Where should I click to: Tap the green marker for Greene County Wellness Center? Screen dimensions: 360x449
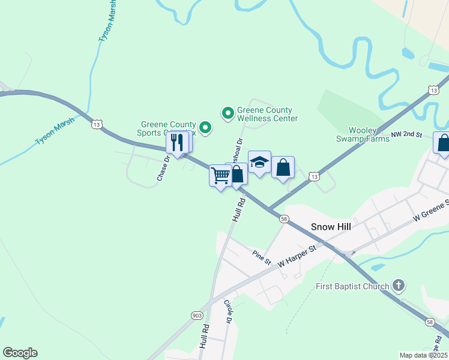tap(228, 112)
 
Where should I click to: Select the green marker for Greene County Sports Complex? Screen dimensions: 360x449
tap(205, 127)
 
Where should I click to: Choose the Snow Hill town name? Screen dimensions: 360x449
tap(330, 227)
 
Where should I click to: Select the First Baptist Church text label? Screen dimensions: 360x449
tap(352, 286)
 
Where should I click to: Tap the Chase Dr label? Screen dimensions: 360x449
tap(164, 168)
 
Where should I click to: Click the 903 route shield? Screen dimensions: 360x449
tap(197, 315)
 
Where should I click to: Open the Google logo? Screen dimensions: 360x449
tap(20, 353)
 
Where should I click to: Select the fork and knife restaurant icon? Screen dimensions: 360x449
tap(177, 143)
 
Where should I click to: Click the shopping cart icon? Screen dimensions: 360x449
tap(220, 176)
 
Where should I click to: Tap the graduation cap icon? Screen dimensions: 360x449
tap(259, 162)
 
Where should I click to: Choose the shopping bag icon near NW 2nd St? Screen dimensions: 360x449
tap(443, 144)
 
